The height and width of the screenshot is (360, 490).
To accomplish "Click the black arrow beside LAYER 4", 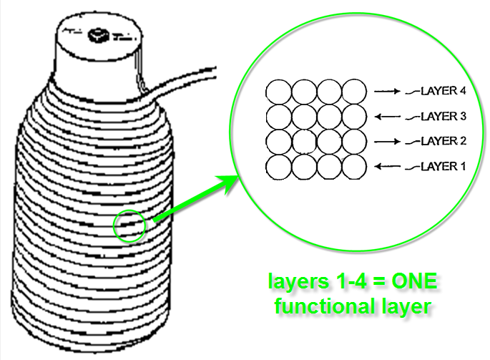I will [386, 92].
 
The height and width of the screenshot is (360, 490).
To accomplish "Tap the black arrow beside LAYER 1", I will [386, 167].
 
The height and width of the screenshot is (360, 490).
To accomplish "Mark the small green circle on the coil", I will [129, 227].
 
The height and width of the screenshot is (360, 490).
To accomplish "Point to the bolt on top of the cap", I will [96, 34].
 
